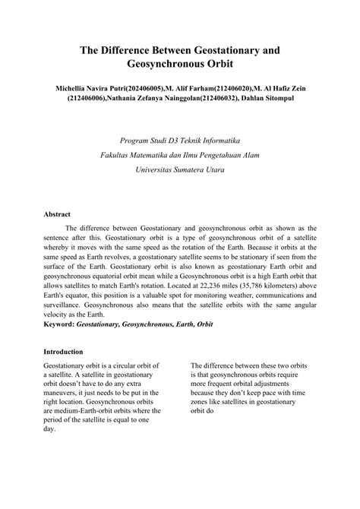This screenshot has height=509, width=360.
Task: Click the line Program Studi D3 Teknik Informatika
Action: (179, 141)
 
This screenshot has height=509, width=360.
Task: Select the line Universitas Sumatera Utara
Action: (179, 171)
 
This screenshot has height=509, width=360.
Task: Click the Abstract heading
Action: (58, 214)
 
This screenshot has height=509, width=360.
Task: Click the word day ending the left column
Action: (49, 428)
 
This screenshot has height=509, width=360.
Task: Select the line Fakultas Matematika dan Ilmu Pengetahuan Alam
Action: (179, 156)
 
